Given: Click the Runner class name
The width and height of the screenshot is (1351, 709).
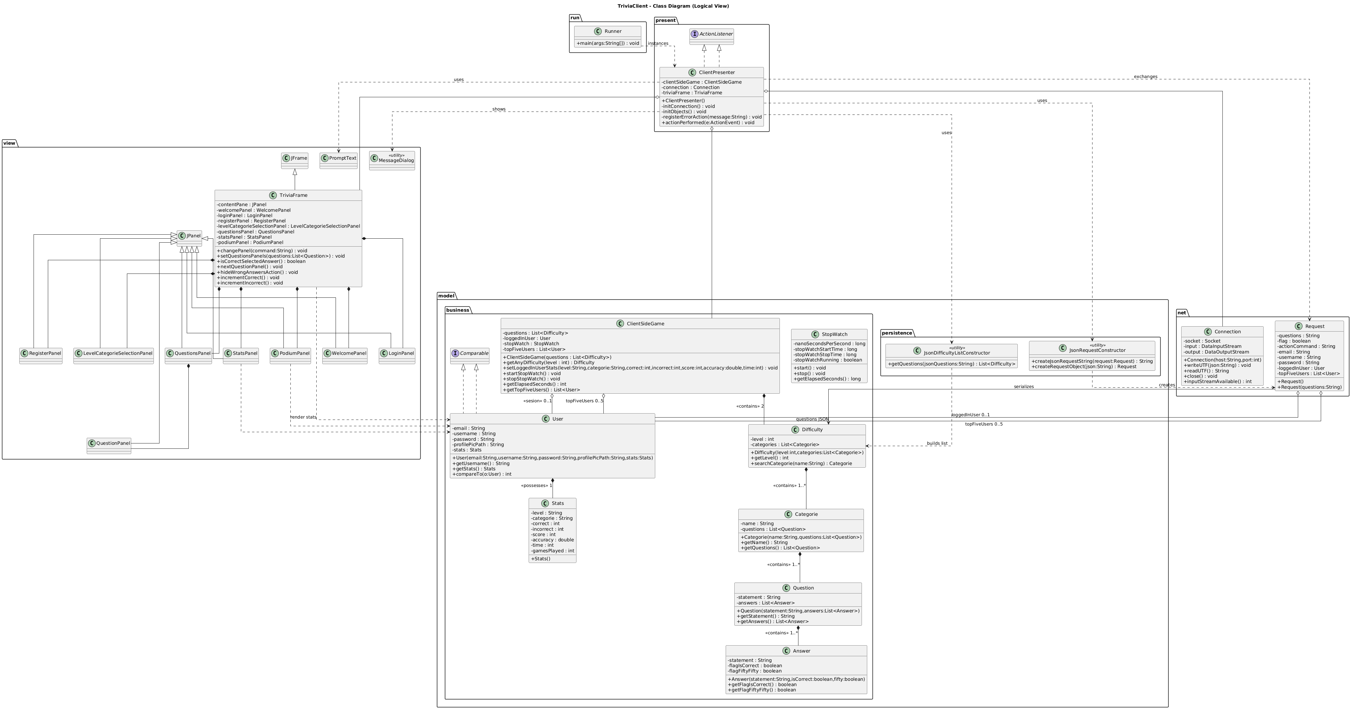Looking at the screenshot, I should click(613, 32).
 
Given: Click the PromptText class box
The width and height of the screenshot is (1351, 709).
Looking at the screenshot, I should click(338, 160).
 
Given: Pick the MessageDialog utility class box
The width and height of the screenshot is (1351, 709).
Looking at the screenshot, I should click(392, 160).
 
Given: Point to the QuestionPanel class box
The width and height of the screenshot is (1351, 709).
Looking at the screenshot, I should click(109, 445).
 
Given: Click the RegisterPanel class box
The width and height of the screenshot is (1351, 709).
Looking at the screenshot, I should click(41, 355).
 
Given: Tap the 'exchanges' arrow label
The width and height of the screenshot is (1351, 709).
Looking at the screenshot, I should click(1145, 76).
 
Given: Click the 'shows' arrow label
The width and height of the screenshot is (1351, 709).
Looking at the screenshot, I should click(499, 109).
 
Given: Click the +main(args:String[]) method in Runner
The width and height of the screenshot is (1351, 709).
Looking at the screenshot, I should click(607, 43).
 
